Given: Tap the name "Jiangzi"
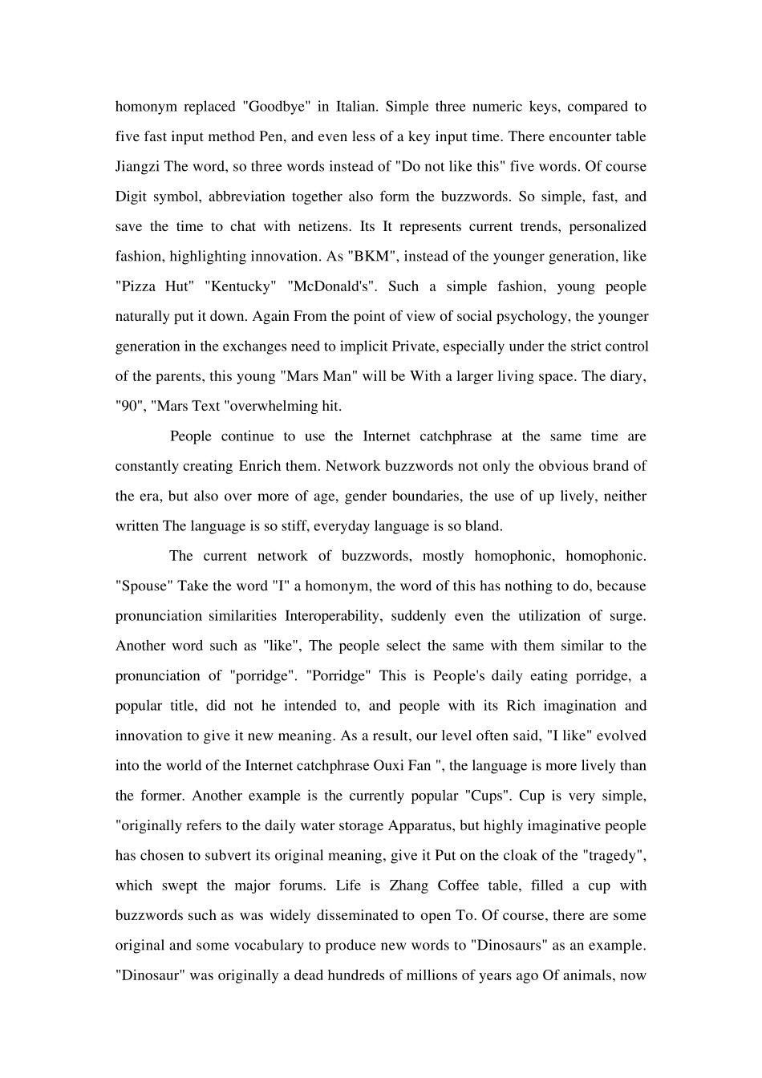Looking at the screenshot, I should pyautogui.click(x=138, y=167).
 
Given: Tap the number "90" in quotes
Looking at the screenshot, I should pyautogui.click(x=128, y=406).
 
